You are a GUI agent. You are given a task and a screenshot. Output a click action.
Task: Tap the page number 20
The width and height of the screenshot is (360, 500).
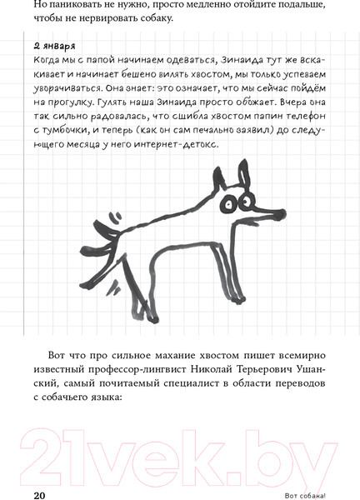tap(39, 494)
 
